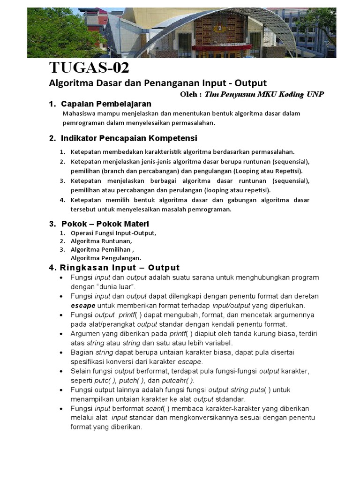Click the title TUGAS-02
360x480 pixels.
(89, 68)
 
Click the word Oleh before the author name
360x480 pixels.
(189, 94)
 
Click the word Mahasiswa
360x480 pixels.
(80, 113)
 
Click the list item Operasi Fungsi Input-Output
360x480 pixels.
(113, 233)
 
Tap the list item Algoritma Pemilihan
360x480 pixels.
(99, 249)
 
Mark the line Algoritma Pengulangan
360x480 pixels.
(105, 258)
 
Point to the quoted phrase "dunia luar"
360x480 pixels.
(112, 286)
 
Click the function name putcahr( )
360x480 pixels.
(177, 380)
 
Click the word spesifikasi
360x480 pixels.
(90, 361)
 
